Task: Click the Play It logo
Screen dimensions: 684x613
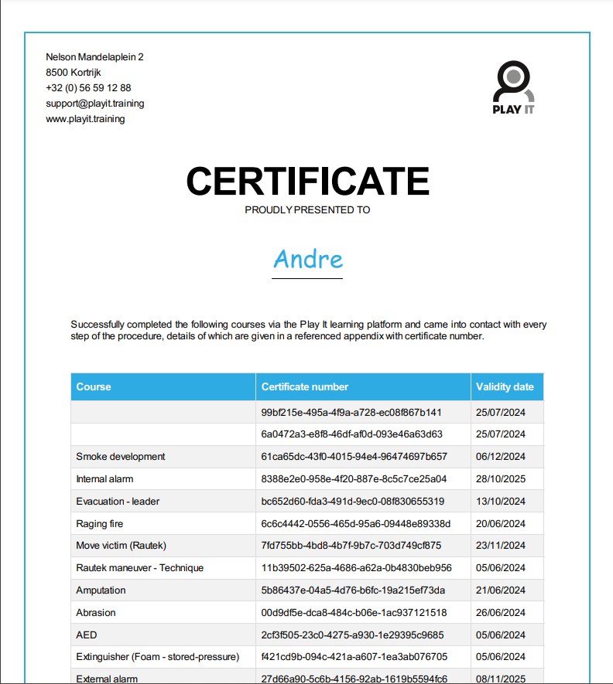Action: click(514, 87)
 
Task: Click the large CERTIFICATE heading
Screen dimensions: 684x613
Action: click(307, 182)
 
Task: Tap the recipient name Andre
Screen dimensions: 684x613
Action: click(308, 259)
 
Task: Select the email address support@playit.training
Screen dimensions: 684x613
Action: click(95, 104)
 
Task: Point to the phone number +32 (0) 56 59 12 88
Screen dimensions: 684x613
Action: click(88, 88)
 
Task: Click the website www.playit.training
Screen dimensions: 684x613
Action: click(85, 119)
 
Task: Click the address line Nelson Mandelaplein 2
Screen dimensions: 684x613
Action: click(94, 57)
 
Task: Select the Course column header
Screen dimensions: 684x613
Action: click(94, 386)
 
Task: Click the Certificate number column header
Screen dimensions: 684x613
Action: click(305, 386)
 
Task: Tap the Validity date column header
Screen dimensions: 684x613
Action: click(505, 386)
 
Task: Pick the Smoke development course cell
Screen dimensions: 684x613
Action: click(121, 457)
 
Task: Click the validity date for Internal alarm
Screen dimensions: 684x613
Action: click(501, 479)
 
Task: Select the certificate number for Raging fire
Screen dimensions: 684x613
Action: click(356, 524)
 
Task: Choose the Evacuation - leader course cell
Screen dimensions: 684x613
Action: click(118, 502)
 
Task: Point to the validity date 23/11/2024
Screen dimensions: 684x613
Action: click(501, 546)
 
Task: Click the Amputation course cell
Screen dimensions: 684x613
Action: click(101, 590)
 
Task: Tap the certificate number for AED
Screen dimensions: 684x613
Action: click(352, 635)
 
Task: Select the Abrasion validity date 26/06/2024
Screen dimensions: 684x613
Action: click(501, 613)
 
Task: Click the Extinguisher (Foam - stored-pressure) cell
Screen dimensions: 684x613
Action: click(158, 658)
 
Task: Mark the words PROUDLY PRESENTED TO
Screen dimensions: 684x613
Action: click(307, 209)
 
